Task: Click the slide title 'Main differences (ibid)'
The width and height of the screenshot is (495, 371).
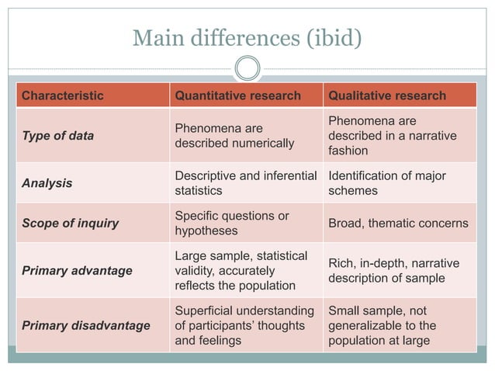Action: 247,36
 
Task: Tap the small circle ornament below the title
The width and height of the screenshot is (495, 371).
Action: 247,68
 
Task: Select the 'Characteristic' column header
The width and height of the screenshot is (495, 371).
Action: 62,95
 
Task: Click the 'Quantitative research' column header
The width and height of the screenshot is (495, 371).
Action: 237,95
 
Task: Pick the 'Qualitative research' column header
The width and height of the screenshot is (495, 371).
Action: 387,95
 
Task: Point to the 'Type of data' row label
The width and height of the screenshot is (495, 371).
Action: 57,136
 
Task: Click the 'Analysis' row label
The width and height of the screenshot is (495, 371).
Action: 47,183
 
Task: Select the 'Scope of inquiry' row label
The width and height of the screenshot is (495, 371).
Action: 70,224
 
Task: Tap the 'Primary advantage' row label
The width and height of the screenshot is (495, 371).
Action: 77,271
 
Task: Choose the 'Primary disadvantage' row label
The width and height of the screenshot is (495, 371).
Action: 85,325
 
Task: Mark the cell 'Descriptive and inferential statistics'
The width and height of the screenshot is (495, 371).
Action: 245,183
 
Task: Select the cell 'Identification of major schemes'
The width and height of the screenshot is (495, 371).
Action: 387,183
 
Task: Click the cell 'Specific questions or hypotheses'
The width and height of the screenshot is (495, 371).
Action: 231,224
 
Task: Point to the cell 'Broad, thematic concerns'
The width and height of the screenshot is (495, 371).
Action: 398,224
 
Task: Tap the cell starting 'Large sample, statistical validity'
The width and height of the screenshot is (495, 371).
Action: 241,271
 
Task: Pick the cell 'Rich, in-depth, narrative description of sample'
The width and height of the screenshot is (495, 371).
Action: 393,271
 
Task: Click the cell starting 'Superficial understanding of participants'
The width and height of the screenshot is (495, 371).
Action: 244,325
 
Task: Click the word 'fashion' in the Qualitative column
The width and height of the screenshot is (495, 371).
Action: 348,151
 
